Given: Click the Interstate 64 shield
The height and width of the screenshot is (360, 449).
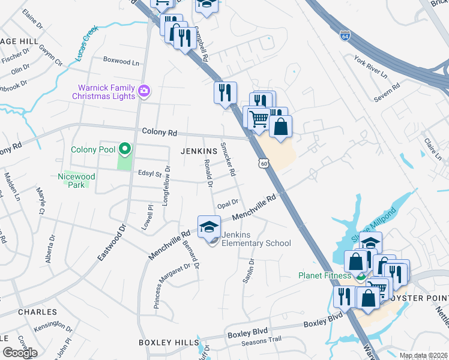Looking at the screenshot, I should (345, 35).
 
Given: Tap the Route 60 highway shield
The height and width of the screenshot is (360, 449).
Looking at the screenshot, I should (264, 163).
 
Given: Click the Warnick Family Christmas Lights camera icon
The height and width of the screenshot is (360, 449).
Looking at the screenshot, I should (144, 91).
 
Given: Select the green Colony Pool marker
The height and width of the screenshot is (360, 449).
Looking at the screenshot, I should (124, 148).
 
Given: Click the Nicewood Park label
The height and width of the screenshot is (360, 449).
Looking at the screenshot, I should (76, 181).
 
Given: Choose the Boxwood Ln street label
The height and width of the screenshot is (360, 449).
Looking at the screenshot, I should (121, 61).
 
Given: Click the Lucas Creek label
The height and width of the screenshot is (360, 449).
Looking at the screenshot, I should (86, 44).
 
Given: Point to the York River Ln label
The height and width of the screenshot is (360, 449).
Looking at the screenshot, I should (371, 66).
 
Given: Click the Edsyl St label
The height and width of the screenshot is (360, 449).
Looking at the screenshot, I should (149, 174).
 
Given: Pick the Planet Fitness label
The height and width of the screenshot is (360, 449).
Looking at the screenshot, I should (325, 276).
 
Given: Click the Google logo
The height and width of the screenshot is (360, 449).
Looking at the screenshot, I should (20, 352).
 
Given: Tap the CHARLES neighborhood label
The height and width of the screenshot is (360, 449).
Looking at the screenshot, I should (37, 312).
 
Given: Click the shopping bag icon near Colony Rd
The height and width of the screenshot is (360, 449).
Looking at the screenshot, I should (280, 126).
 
